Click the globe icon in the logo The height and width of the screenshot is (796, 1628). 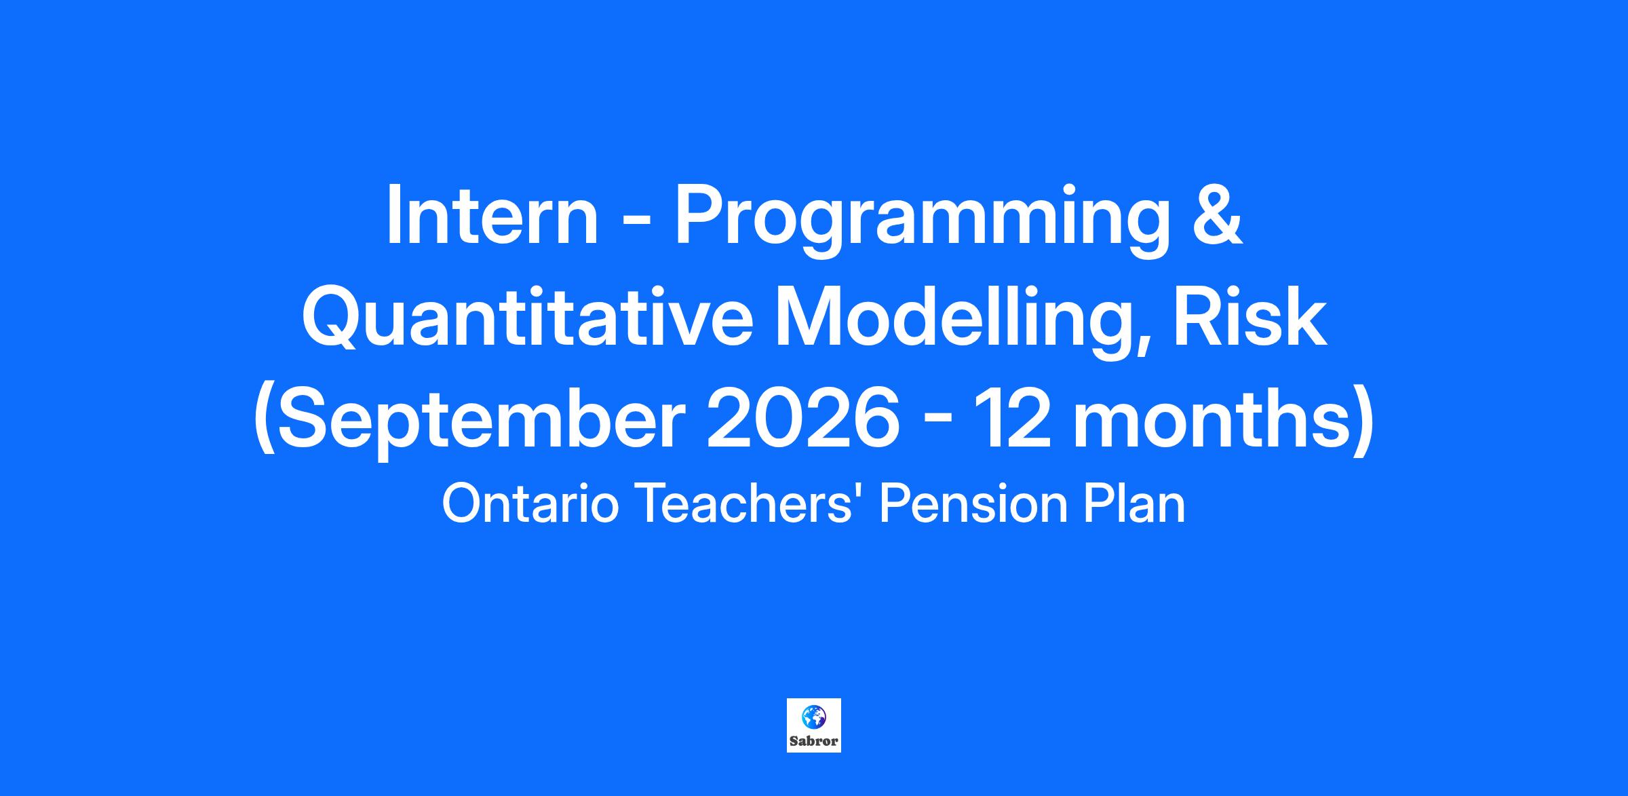click(813, 716)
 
